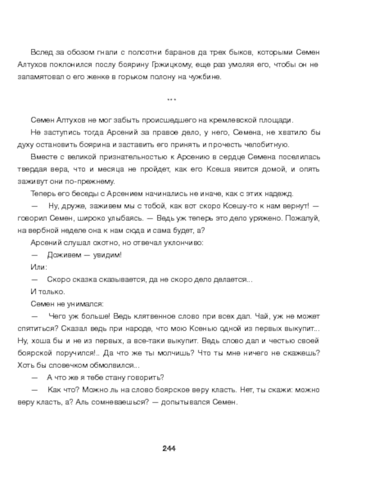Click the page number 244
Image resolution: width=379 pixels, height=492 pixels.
pos(169,448)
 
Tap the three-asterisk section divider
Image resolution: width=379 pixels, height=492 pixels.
pos(172,99)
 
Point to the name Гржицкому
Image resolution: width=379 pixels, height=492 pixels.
pos(169,64)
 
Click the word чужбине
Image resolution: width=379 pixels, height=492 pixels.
pos(206,77)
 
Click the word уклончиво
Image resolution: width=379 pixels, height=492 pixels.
pos(184,243)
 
